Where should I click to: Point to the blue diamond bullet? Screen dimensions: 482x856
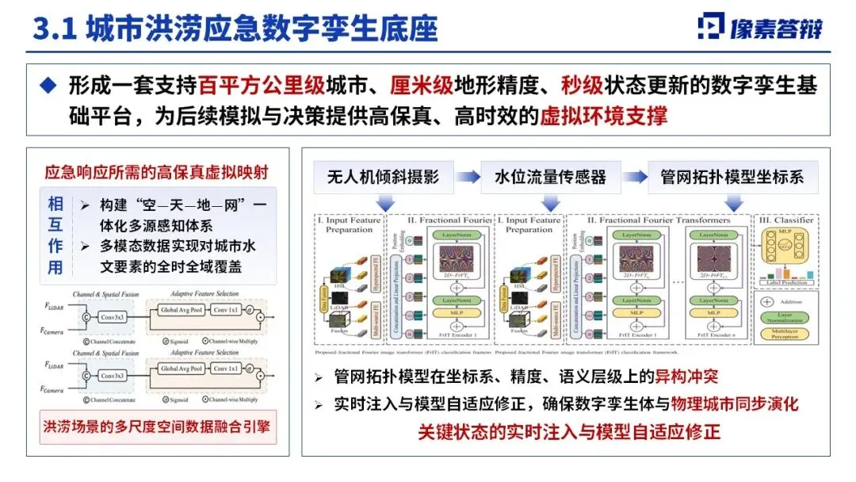[49, 86]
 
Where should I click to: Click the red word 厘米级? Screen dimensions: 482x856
[445, 86]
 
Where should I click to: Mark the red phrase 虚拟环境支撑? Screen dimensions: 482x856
[603, 117]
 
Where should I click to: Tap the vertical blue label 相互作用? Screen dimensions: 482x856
[55, 235]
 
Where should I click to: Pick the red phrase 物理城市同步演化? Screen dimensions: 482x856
[735, 404]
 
